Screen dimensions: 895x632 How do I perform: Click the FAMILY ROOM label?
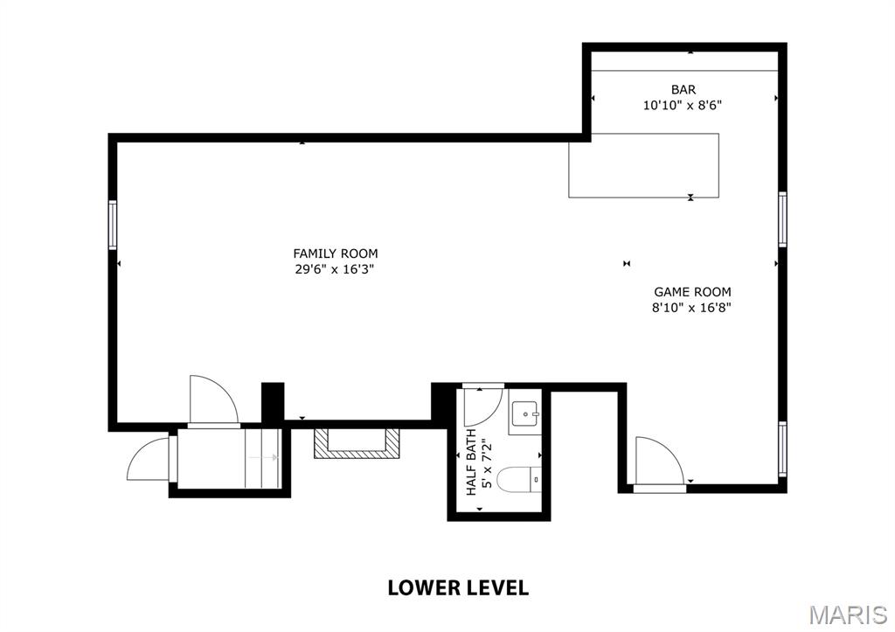pyautogui.click(x=335, y=253)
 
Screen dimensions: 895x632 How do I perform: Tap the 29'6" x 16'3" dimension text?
pyautogui.click(x=335, y=269)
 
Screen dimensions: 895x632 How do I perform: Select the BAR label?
pyautogui.click(x=683, y=90)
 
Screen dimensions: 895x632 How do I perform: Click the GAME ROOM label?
pyautogui.click(x=692, y=292)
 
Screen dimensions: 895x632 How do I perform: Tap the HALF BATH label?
pyautogui.click(x=471, y=462)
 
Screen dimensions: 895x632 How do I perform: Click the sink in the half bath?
pyautogui.click(x=524, y=413)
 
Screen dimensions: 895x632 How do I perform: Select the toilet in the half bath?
pyautogui.click(x=519, y=479)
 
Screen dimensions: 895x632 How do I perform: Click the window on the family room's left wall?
pyautogui.click(x=113, y=225)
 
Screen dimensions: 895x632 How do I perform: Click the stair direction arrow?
pyautogui.click(x=262, y=457)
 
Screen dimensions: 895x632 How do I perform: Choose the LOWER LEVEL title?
pyautogui.click(x=458, y=587)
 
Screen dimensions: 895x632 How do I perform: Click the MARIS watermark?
pyautogui.click(x=848, y=615)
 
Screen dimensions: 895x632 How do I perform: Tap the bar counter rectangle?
pyautogui.click(x=643, y=165)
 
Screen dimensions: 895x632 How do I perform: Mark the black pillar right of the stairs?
pyautogui.click(x=273, y=402)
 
